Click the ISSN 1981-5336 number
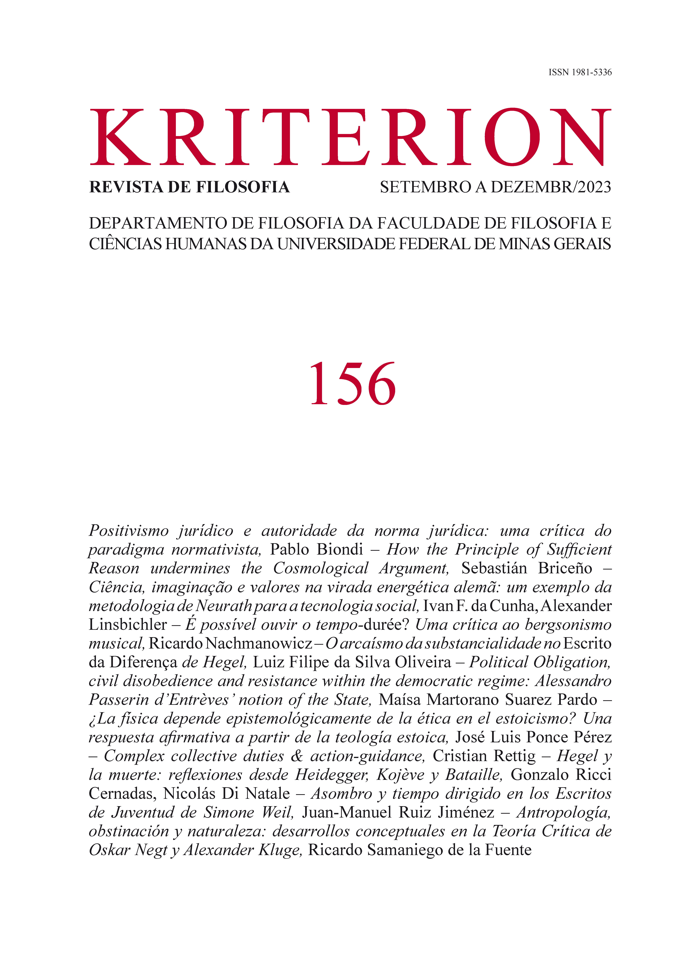tap(580, 72)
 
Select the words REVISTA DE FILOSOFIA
tap(189, 187)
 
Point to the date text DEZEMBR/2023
tap(551, 187)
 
